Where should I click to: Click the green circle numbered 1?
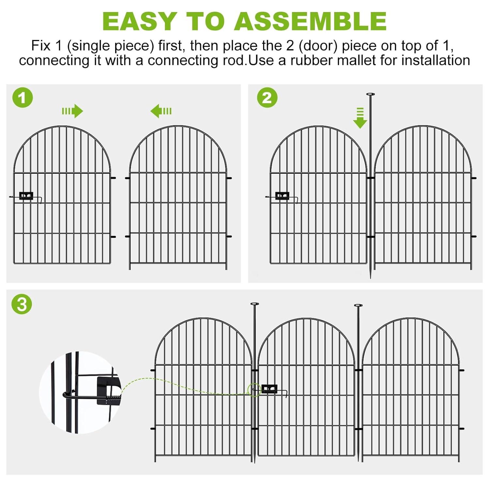pos(22,97)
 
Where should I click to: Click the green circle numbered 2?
pos(267,97)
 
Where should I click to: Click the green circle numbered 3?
pos(22,304)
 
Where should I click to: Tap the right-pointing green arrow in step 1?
pos(73,111)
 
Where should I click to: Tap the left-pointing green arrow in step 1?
pos(161,111)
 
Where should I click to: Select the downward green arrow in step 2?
pos(360,118)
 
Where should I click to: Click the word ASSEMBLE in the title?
pos(310,22)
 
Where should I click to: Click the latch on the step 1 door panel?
pos(26,196)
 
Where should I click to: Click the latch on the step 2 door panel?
pos(282,196)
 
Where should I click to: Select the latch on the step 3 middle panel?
pos(269,389)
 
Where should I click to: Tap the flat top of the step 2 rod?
pos(370,94)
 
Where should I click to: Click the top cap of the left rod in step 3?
pos(254,304)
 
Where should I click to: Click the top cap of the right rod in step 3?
pos(358,305)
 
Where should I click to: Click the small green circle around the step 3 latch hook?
pos(254,390)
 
